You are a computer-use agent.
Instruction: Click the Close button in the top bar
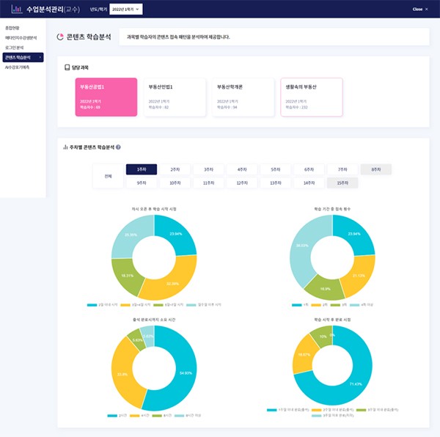point(419,10)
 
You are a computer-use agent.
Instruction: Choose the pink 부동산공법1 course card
point(106,97)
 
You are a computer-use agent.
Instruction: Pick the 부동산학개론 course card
point(243,97)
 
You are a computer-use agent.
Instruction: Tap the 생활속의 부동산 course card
point(311,97)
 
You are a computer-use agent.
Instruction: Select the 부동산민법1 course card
point(174,97)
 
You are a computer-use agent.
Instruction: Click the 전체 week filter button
point(108,176)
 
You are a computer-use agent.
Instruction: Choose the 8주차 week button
point(375,169)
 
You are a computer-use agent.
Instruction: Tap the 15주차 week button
point(342,183)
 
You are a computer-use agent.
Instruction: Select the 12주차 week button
point(241,183)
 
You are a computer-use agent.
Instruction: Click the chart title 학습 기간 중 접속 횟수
point(332,209)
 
